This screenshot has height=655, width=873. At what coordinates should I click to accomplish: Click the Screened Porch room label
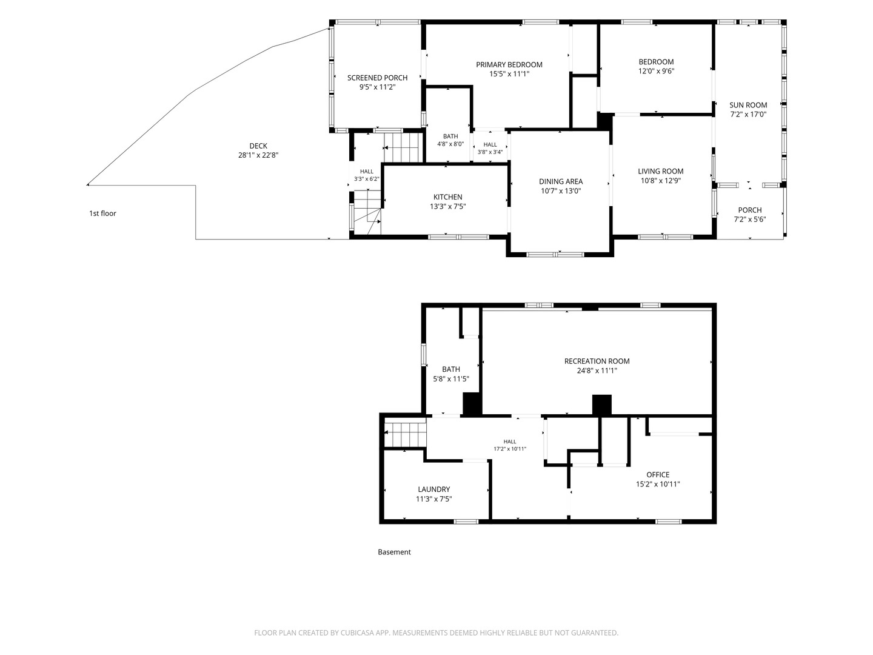[377, 78]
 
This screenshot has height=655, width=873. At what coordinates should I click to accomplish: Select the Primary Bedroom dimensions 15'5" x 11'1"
[509, 74]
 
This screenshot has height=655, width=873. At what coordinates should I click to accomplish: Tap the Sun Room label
[748, 105]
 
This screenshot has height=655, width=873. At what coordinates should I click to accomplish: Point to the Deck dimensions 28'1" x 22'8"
[258, 155]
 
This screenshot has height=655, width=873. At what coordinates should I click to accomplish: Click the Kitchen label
[448, 197]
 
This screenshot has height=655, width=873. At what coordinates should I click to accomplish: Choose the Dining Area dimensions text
[561, 191]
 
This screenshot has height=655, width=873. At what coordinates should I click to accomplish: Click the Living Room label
[661, 172]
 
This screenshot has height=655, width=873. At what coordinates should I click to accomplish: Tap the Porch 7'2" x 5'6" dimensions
[750, 219]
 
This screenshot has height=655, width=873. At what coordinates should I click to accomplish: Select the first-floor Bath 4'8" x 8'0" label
[450, 140]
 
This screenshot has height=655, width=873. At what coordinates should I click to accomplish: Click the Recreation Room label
[597, 361]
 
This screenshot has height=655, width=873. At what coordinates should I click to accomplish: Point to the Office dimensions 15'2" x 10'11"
[658, 484]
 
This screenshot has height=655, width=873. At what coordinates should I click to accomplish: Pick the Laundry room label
[434, 489]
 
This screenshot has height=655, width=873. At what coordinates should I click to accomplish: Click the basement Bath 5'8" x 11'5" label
[451, 374]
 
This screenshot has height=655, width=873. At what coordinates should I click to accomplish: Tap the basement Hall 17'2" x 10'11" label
[510, 445]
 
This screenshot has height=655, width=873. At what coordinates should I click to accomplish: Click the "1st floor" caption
[102, 213]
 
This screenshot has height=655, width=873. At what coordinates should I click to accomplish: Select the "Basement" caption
[394, 552]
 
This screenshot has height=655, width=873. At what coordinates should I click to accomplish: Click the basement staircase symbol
[406, 435]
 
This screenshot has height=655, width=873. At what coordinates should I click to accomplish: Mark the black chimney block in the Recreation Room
[602, 405]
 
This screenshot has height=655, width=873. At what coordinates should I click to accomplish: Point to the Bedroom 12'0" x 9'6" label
[656, 67]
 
